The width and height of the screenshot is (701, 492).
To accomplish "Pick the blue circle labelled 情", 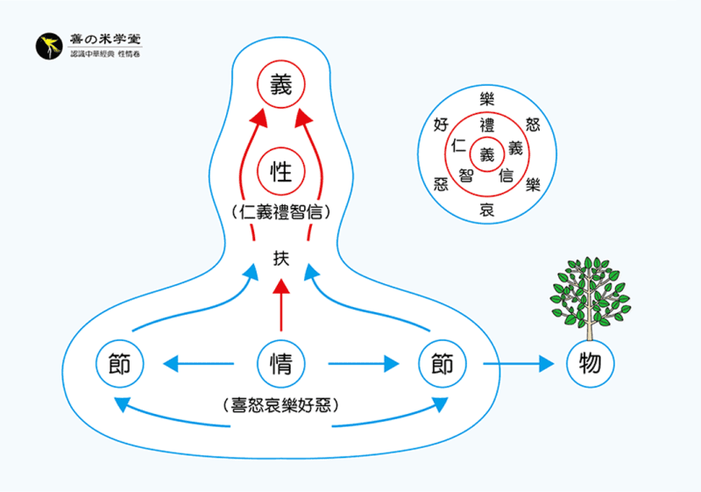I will pos(280,362).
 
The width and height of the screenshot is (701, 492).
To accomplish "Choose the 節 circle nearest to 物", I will pos(443,362).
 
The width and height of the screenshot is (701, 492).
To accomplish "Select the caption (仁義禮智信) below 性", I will pos(280,211).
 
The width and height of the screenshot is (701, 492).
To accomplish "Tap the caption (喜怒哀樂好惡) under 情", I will pos(280,405).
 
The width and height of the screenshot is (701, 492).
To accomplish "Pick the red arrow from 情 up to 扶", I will pos(280,307).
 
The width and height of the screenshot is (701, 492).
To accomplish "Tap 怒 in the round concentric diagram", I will pos(532,125).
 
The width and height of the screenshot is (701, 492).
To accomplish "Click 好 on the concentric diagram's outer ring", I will pos(442,125).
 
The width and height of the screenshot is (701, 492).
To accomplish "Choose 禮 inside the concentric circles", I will pos(487,124).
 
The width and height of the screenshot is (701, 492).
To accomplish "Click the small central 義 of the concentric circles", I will pos(487,153).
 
